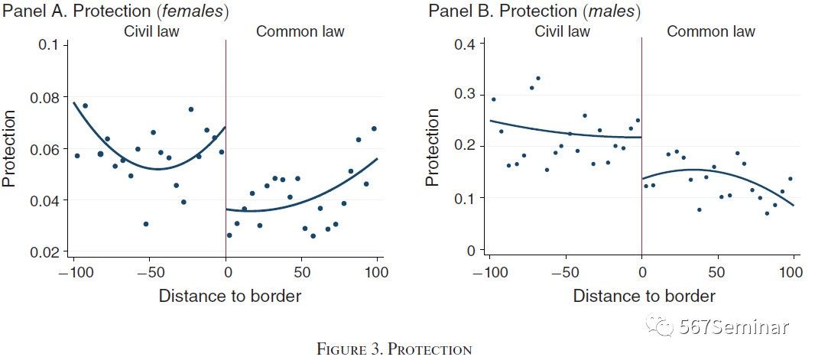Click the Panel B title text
(534, 11)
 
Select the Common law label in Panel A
(300, 31)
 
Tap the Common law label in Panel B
(710, 31)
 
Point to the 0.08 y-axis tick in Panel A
(45, 97)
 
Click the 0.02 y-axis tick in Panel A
(45, 252)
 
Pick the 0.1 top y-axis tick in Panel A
(49, 45)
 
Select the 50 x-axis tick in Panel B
(716, 271)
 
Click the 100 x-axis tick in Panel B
(792, 271)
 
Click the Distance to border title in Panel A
(230, 296)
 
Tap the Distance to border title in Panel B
(644, 296)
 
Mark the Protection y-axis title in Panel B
(433, 148)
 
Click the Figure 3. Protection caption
(395, 350)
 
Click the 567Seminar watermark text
(734, 326)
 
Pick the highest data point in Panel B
(538, 78)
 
